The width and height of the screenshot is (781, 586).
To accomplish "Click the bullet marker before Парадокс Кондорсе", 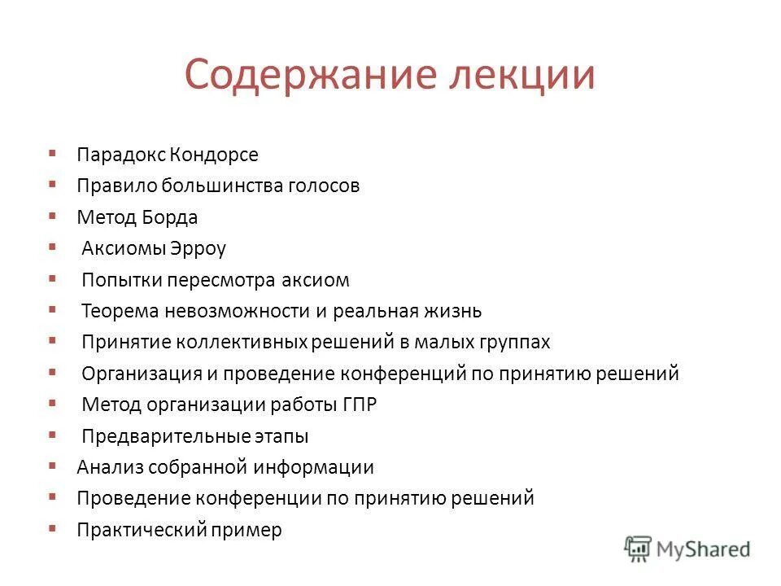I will tap(52, 152).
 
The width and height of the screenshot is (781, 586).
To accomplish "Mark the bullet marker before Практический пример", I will tap(52, 528).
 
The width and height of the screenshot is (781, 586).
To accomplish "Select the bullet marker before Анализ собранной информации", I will tap(52, 466).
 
